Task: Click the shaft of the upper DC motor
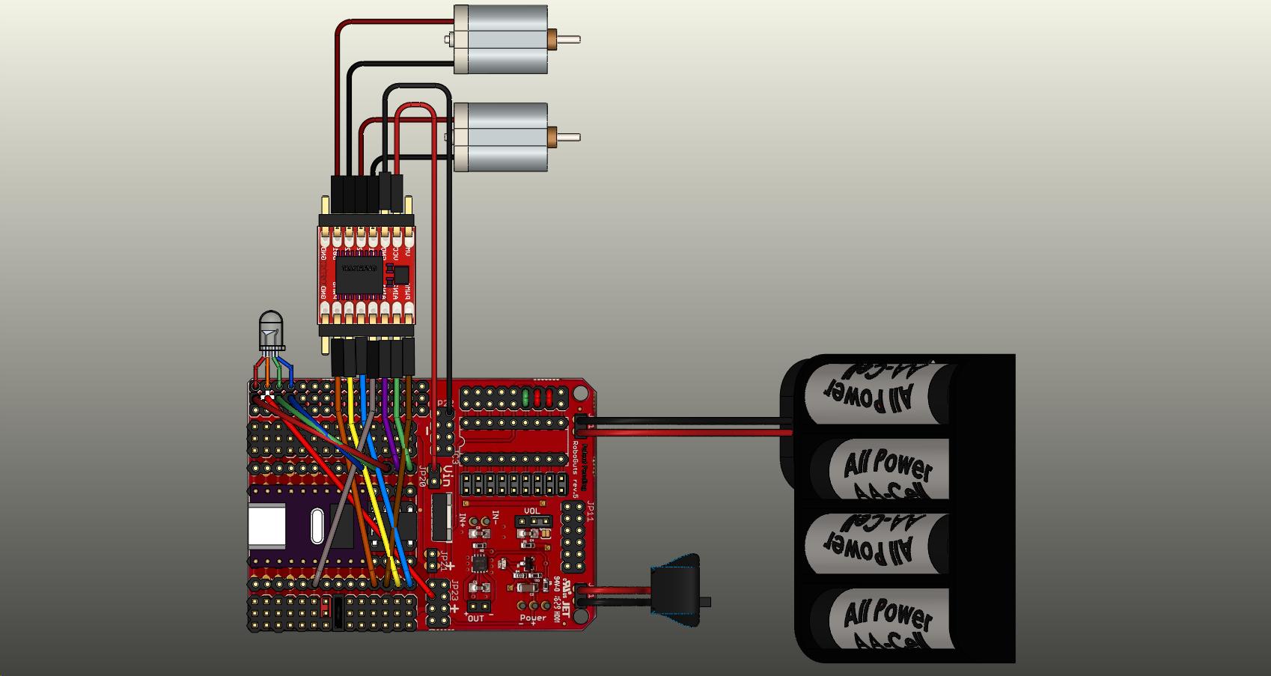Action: point(570,39)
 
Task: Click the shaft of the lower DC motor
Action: point(570,137)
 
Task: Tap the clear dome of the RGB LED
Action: point(270,329)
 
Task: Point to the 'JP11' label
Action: point(589,511)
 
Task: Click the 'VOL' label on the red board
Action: point(531,512)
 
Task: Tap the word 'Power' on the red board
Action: point(533,618)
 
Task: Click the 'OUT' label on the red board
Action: point(475,618)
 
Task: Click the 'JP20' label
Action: point(422,476)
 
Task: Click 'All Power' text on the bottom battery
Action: point(889,617)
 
